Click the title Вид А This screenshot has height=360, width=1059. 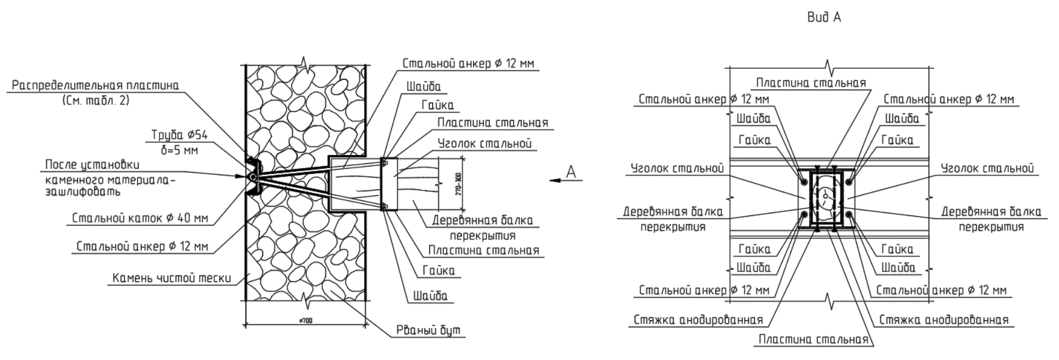coord(824,18)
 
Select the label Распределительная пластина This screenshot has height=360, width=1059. coord(95,86)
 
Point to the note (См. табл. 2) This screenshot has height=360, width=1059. coord(95,100)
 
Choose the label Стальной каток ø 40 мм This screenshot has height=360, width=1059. coord(140,218)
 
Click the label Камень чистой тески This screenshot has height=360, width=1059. coord(171,278)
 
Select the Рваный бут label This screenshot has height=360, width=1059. coord(428,330)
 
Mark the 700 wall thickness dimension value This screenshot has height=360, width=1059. coord(305,321)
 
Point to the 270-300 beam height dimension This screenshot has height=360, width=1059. coord(459,184)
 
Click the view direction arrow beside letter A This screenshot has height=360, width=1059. coord(560,181)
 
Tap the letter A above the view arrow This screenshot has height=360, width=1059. coord(571,171)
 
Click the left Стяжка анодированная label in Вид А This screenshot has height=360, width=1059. coord(698,320)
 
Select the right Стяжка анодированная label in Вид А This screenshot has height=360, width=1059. coord(943,320)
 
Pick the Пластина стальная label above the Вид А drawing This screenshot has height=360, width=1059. coord(811,83)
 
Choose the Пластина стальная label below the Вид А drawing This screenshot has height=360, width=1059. coord(813,340)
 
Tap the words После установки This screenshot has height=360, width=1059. coord(92,165)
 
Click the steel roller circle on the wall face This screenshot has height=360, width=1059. coord(252,175)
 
